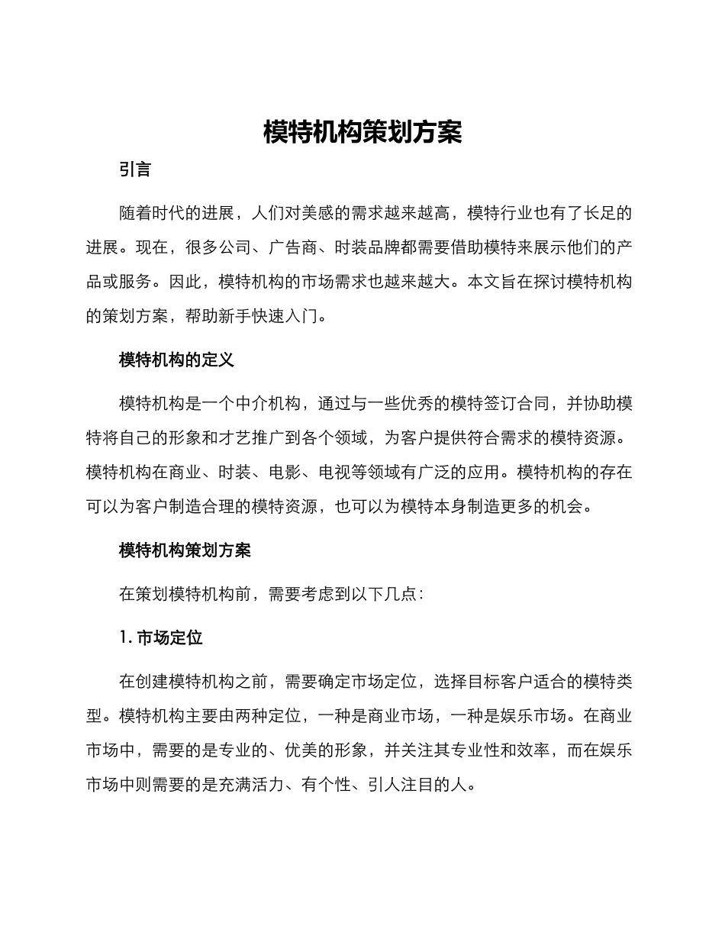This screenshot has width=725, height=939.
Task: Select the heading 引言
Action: (x=135, y=170)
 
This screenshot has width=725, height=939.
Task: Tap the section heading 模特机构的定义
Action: (x=176, y=360)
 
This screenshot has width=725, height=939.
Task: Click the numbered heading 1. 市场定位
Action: (x=161, y=637)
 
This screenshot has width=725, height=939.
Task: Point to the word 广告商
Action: (x=301, y=247)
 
